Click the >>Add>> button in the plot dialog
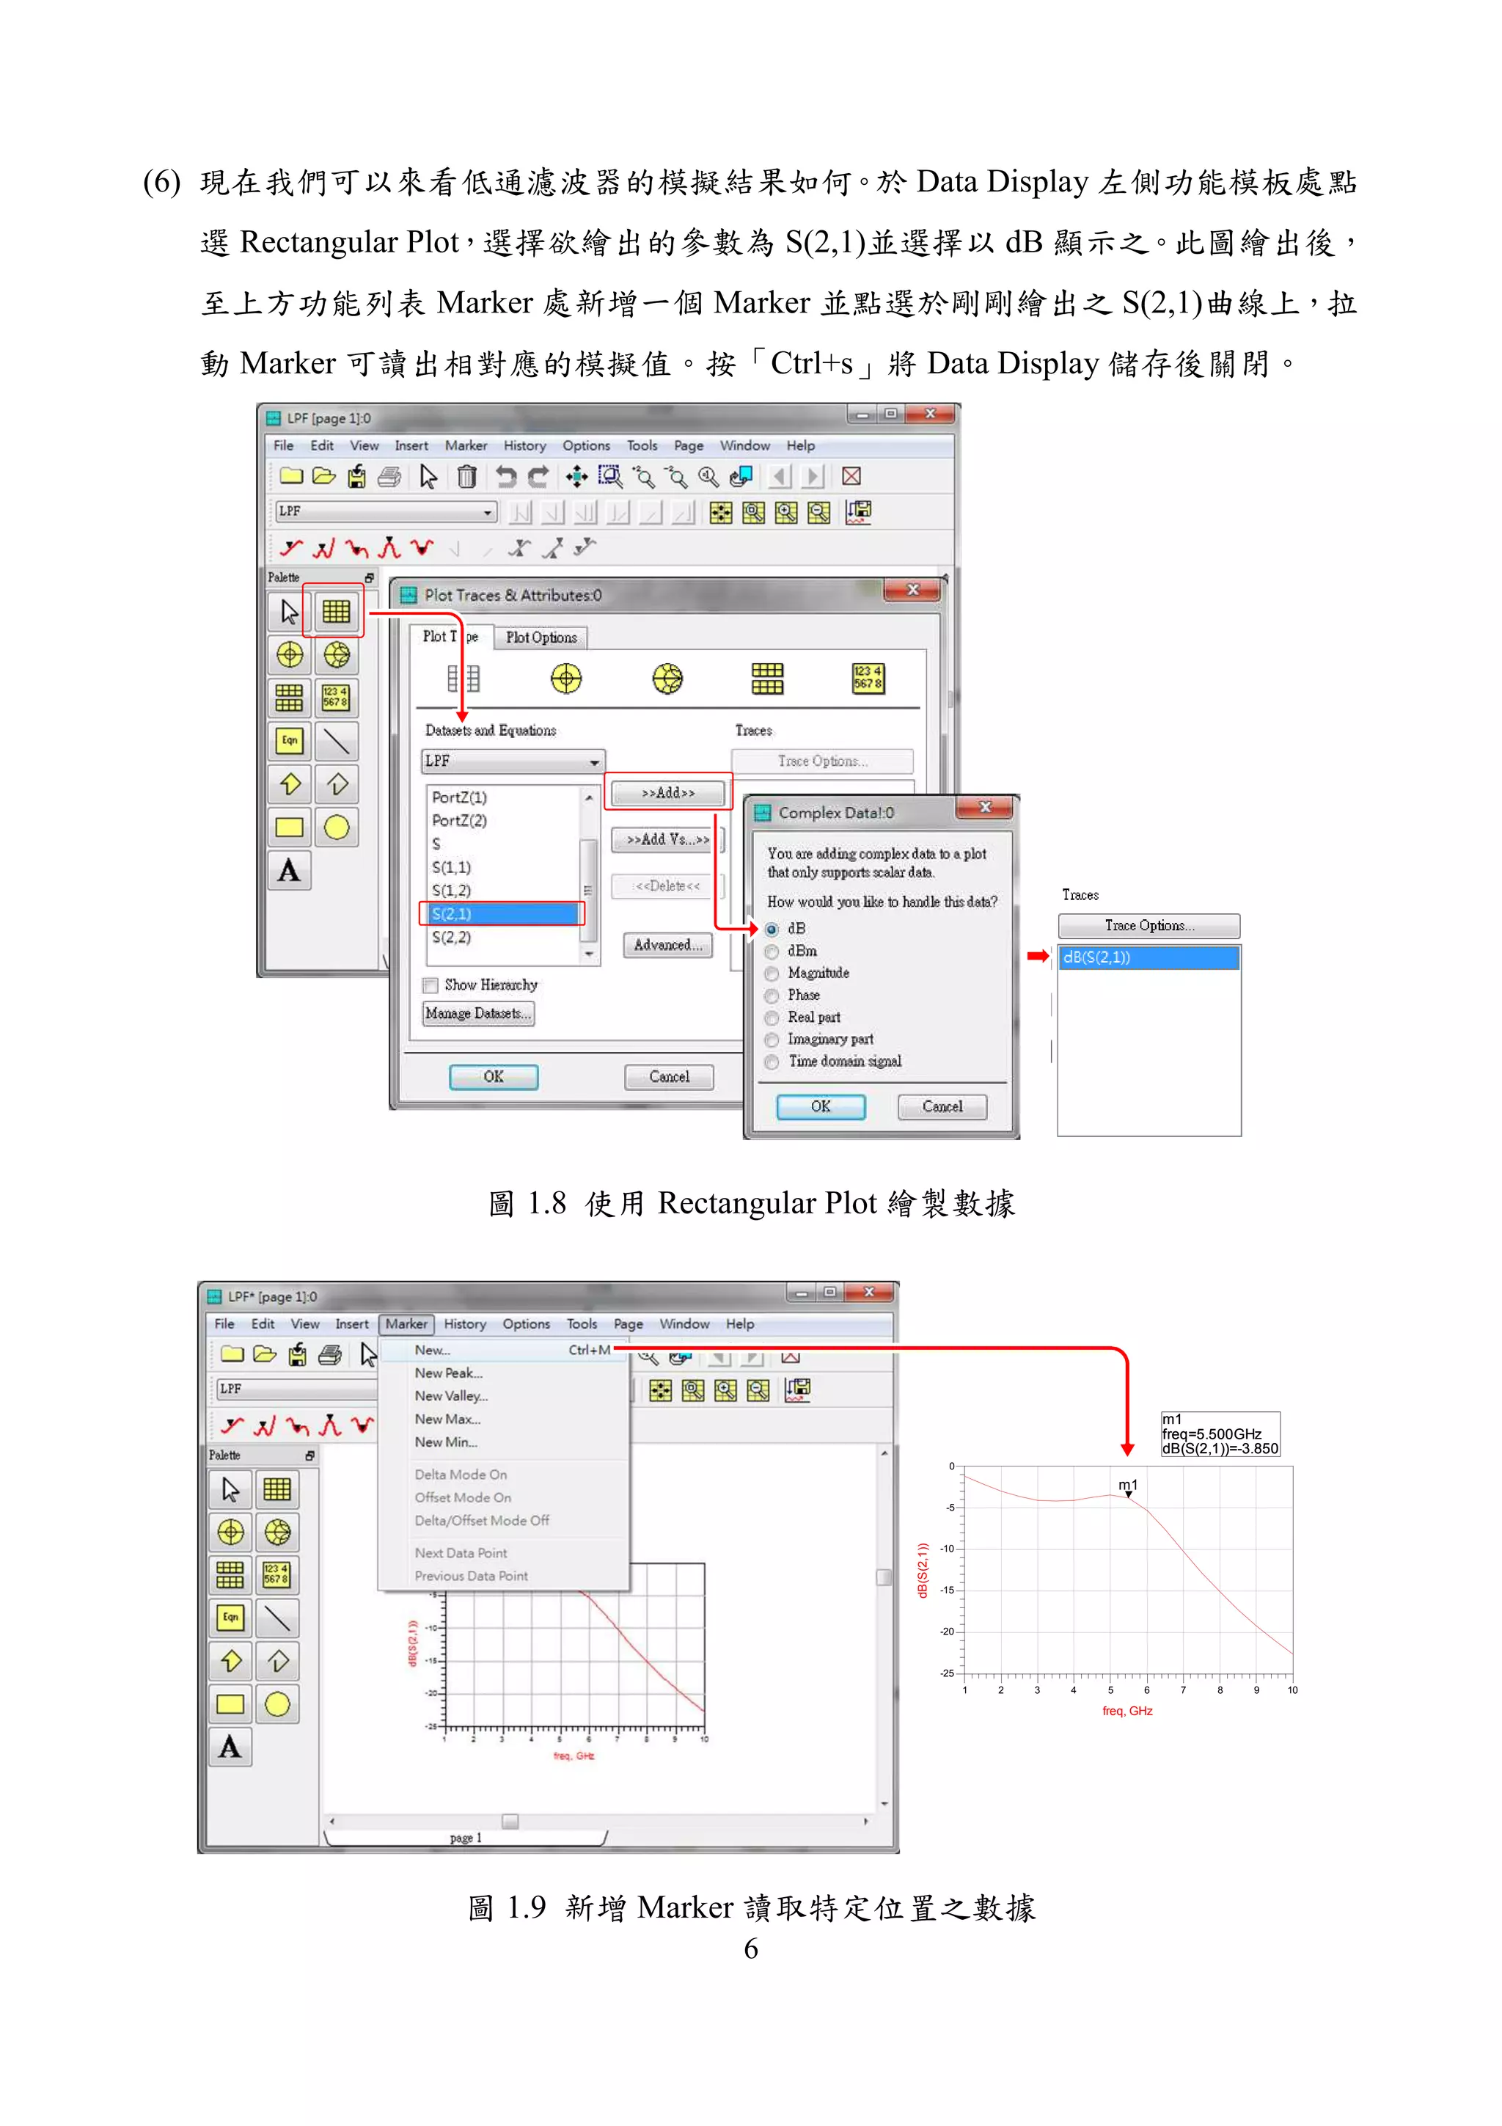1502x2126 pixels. point(667,794)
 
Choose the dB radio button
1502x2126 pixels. point(772,929)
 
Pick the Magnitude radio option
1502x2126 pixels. point(772,973)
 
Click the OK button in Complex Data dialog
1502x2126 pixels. point(820,1106)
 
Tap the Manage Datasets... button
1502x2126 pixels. point(478,1014)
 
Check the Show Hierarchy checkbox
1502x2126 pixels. point(431,985)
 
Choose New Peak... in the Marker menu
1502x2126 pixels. point(448,1373)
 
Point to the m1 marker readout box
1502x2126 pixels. point(1220,1434)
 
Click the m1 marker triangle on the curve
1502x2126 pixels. point(1128,1494)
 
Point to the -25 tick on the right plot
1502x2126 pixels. point(947,1673)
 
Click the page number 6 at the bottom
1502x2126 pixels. point(750,1949)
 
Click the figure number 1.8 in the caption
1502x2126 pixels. point(546,1204)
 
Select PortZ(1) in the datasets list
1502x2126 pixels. point(459,797)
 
